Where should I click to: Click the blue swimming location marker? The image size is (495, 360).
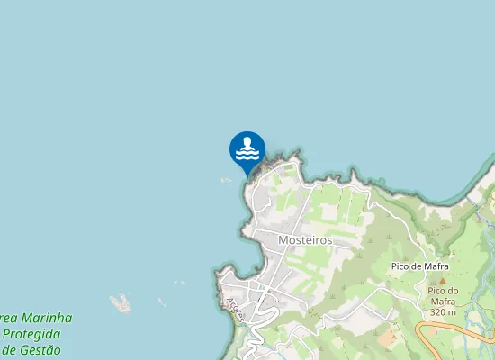pos(247,149)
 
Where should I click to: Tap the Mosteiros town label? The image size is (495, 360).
pos(305,240)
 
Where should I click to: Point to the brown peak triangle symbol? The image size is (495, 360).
pos(442,280)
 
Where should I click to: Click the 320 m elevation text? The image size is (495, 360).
pos(443,312)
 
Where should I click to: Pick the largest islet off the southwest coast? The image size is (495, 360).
pos(120,303)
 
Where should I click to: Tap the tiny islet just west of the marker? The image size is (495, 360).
pos(225,180)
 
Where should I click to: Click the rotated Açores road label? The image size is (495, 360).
pos(236,310)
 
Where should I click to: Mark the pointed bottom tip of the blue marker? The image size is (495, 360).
pos(247,175)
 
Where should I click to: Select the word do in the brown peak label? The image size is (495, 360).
pos(453,291)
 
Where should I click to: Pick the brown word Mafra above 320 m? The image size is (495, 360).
pos(443,301)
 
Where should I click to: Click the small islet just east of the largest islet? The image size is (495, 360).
pos(161,302)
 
